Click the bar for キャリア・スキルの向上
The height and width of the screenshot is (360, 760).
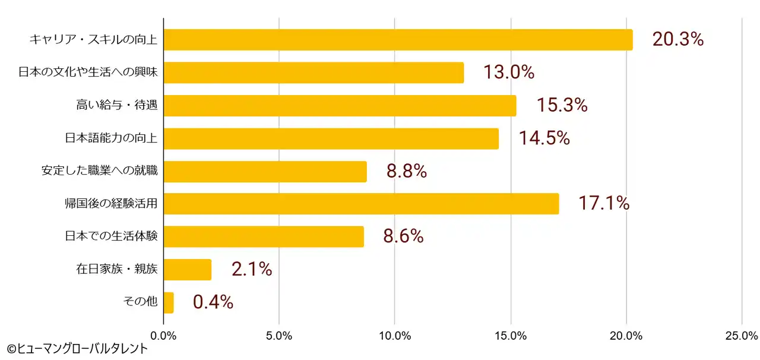(x=398, y=40)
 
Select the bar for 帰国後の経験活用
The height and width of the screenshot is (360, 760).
(x=361, y=204)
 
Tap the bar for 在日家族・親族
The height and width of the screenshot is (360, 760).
(x=187, y=269)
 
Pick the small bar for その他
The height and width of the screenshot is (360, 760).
(x=169, y=302)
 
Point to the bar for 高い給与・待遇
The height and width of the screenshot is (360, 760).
(x=340, y=106)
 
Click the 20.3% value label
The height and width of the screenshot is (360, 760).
(x=677, y=40)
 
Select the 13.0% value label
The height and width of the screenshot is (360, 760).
(x=508, y=72)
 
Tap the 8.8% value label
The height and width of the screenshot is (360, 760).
(x=407, y=171)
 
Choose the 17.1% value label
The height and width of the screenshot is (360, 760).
(x=603, y=204)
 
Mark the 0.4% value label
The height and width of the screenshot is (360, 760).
(x=213, y=302)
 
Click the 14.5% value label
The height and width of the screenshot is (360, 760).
(x=544, y=138)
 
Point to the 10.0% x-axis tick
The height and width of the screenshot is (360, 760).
(x=395, y=336)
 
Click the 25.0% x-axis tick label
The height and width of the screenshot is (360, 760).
(x=742, y=336)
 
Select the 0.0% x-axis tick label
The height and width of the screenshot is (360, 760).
(x=164, y=336)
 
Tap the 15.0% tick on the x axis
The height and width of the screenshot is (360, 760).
(x=511, y=336)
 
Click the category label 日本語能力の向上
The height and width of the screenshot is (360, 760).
(x=111, y=138)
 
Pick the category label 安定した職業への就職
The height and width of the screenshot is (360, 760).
(x=99, y=171)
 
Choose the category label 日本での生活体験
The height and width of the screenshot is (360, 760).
(x=111, y=236)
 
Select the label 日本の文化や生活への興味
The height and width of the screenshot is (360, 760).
(x=88, y=72)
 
